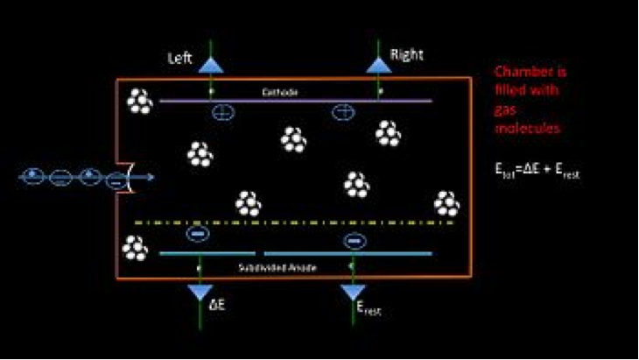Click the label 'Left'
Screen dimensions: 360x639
coord(181,60)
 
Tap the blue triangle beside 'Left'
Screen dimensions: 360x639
coord(211,64)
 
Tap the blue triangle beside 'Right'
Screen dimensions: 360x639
coord(378,64)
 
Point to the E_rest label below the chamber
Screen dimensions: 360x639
coord(367,307)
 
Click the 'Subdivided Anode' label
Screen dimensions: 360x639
coord(270,265)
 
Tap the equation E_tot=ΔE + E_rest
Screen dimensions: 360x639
coord(537,173)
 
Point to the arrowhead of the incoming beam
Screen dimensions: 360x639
coord(152,178)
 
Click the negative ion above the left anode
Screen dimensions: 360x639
coord(196,234)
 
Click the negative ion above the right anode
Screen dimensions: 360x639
coord(353,239)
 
